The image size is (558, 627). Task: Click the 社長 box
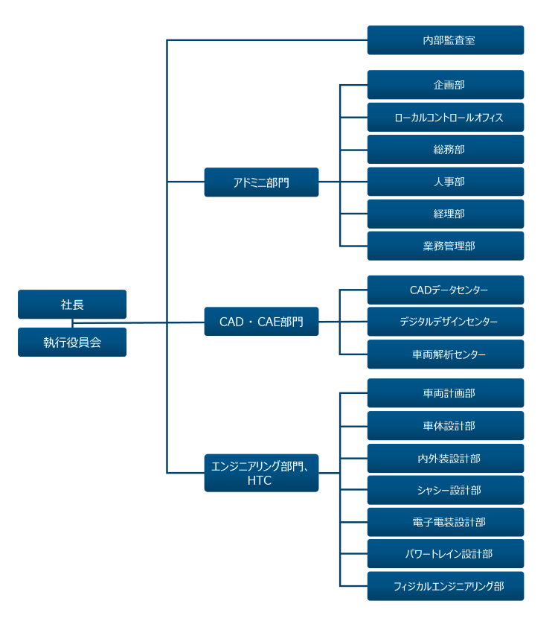pyautogui.click(x=72, y=305)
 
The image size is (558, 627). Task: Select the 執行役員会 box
pyautogui.click(x=72, y=343)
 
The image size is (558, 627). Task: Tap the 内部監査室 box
pyautogui.click(x=445, y=40)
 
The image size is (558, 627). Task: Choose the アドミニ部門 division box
pyautogui.click(x=261, y=182)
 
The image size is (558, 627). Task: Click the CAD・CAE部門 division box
pyautogui.click(x=261, y=322)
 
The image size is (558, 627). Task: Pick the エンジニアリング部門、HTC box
pyautogui.click(x=261, y=473)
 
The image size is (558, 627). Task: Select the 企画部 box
pyautogui.click(x=445, y=85)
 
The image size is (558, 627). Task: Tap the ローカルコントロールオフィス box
pyautogui.click(x=445, y=118)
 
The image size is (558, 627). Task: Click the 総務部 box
pyautogui.click(x=445, y=150)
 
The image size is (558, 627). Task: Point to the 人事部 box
pyautogui.click(x=445, y=182)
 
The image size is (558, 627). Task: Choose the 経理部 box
pyautogui.click(x=445, y=214)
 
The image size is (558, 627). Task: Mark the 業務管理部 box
pyautogui.click(x=445, y=246)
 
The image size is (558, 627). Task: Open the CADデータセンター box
pyautogui.click(x=445, y=290)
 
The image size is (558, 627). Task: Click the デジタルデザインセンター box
pyautogui.click(x=445, y=322)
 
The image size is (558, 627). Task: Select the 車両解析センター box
pyautogui.click(x=445, y=354)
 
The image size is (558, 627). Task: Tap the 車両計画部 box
pyautogui.click(x=445, y=393)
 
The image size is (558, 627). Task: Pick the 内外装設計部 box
pyautogui.click(x=445, y=459)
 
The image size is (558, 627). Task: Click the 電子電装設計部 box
pyautogui.click(x=445, y=522)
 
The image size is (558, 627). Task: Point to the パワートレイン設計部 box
pyautogui.click(x=445, y=554)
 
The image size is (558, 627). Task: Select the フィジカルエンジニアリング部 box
pyautogui.click(x=445, y=586)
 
